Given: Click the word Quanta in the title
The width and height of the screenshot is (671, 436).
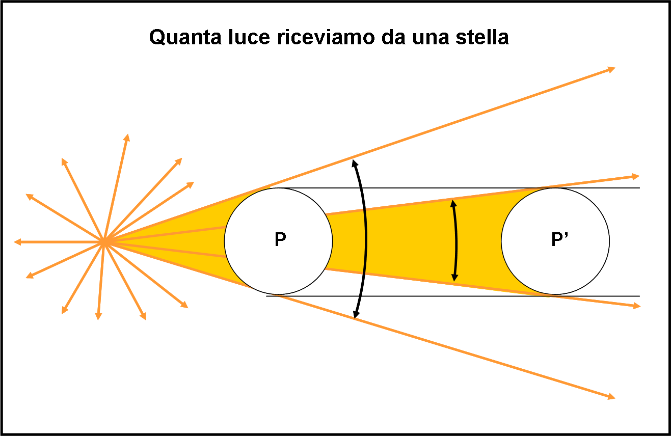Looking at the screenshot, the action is [x=185, y=37].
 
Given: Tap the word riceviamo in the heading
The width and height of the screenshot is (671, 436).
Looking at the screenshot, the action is [x=326, y=37].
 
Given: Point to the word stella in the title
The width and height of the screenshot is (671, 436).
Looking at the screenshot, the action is [x=482, y=37].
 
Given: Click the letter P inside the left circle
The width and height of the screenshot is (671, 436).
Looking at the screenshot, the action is [x=280, y=239].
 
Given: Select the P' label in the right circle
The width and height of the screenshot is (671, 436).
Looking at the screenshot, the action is [x=559, y=239].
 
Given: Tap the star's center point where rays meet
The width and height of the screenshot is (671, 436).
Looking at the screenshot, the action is [x=104, y=242].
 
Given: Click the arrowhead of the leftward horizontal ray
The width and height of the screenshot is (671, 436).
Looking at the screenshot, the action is [x=17, y=242].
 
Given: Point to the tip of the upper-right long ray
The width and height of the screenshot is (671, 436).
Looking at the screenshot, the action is [x=615, y=68].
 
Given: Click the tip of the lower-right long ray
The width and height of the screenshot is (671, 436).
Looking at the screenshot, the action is [x=615, y=398].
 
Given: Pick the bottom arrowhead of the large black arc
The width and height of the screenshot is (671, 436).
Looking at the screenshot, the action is [x=355, y=318].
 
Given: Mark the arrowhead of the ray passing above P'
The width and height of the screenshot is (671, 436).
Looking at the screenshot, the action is [x=639, y=176].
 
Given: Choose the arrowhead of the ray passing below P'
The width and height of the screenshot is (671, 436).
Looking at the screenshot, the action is [x=640, y=306].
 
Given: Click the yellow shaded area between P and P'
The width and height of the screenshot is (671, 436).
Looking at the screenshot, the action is [x=419, y=241].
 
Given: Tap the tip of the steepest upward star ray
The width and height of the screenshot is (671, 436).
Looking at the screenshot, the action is [x=128, y=134].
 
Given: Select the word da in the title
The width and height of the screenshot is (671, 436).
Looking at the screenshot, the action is [x=393, y=37].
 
